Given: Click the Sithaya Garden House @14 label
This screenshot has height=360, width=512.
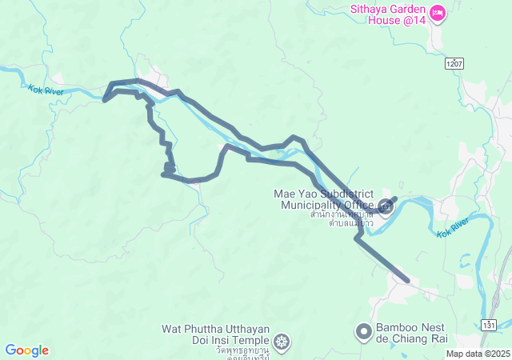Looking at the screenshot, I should coord(386,14).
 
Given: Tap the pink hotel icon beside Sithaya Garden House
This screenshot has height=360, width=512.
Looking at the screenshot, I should coord(437,12).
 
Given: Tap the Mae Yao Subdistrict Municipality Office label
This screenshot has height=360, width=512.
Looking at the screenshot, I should coord(324,199).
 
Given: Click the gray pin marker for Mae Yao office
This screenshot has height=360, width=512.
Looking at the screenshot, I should coord(386,206).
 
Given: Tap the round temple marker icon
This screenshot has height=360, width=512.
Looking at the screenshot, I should coord(281,342).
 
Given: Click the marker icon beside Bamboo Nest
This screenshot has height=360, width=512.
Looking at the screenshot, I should coord(364,330).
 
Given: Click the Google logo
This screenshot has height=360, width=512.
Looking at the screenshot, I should coord(26,350).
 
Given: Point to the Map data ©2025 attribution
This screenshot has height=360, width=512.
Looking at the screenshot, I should coord(477,354).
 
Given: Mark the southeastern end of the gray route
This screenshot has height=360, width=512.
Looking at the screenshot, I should coord(408,281).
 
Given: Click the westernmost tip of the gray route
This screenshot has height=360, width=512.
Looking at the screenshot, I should coord(105,100).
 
